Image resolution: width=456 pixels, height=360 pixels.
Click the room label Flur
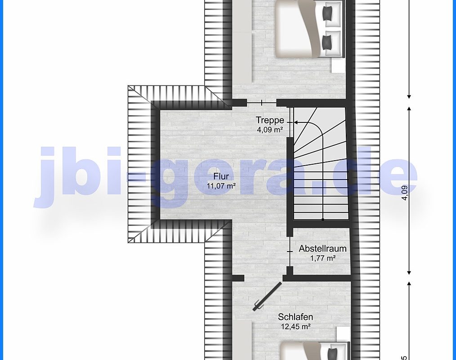coord(221,176)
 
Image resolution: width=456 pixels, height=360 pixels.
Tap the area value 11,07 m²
coord(221,186)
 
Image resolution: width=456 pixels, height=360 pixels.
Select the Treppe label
coord(270,120)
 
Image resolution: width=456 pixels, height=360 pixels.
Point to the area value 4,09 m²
coord(270,130)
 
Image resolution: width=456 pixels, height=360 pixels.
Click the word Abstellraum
coord(322,248)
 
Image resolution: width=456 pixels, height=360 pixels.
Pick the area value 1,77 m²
coord(323,258)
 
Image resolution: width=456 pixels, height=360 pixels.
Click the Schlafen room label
coord(295,317)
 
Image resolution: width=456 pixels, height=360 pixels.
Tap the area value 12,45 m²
coord(295,327)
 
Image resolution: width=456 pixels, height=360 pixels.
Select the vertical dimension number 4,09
coord(405,193)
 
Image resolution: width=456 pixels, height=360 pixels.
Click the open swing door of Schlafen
coord(267,296)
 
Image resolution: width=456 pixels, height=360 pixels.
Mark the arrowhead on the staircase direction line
coord(296,122)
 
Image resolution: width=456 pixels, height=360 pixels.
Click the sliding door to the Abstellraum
coord(290,251)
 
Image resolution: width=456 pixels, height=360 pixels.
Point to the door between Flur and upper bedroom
coord(261,103)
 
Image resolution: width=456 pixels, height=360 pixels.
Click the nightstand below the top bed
coord(338,65)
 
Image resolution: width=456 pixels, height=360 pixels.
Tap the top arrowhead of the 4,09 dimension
coord(409,109)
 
